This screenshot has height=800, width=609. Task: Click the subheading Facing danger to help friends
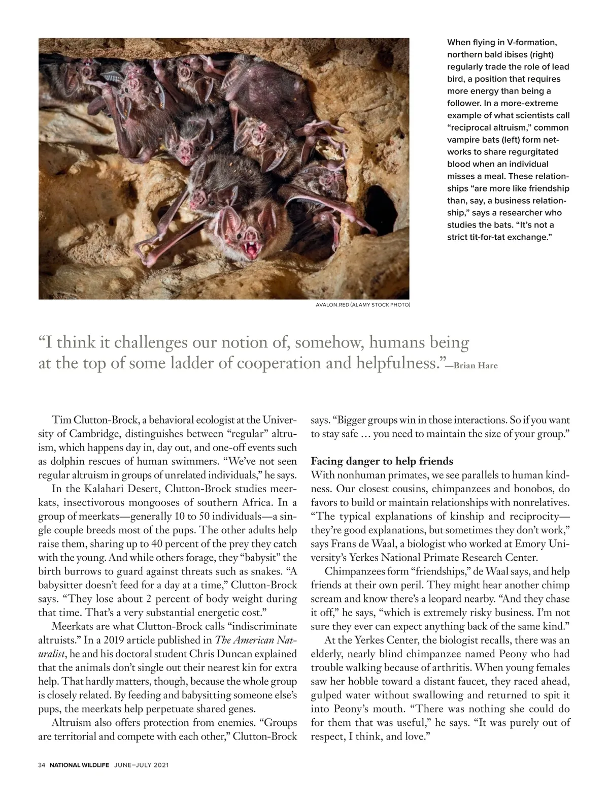tap(382, 461)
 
